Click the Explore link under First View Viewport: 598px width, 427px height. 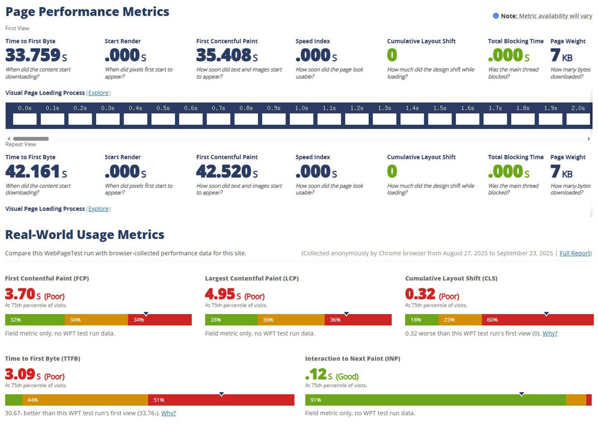98,93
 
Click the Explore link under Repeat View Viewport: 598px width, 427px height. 98,209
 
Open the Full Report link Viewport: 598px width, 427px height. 575,254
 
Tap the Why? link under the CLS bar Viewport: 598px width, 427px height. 549,334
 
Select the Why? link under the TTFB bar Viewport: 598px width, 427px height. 168,414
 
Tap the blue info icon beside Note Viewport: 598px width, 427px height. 496,16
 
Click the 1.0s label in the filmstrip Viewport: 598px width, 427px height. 301,108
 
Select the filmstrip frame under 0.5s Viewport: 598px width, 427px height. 163,119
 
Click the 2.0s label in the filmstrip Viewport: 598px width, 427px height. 578,108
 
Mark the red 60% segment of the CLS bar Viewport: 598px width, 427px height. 537,320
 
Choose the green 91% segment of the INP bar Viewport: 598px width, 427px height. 435,400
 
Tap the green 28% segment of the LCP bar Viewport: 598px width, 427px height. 231,320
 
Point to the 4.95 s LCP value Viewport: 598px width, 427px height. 223,294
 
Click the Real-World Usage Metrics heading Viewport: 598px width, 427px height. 85,235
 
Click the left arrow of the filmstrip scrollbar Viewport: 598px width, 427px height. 8,139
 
